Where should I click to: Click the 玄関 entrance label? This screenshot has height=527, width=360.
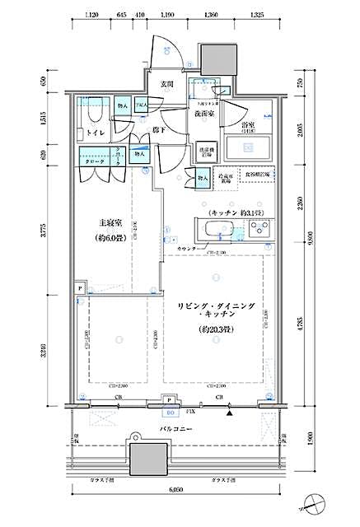166,85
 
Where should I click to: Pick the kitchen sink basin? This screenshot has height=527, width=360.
217,228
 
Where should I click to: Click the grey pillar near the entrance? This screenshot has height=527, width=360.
217,58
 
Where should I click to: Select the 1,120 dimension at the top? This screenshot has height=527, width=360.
91,15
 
